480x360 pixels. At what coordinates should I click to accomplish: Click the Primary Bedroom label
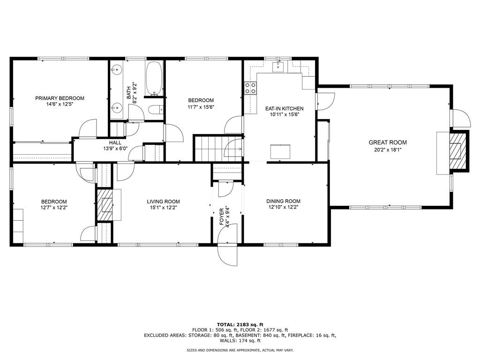(x=60, y=98)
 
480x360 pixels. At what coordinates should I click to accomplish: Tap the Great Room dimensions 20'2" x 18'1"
(x=388, y=150)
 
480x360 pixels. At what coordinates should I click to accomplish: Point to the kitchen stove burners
(x=250, y=88)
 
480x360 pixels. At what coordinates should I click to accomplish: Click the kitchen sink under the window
(x=278, y=67)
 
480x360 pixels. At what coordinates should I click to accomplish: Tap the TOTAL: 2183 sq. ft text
(x=240, y=324)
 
